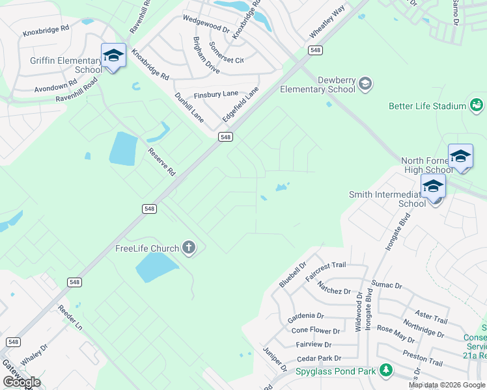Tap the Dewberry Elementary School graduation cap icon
[365, 83]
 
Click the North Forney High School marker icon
[460, 156]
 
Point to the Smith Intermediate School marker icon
[433, 186]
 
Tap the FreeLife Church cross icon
[189, 248]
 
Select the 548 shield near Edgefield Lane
[225, 137]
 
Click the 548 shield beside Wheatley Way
[316, 50]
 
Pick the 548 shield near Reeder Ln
[75, 282]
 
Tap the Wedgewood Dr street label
[207, 25]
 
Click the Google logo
[21, 382]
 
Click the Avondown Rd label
[55, 86]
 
